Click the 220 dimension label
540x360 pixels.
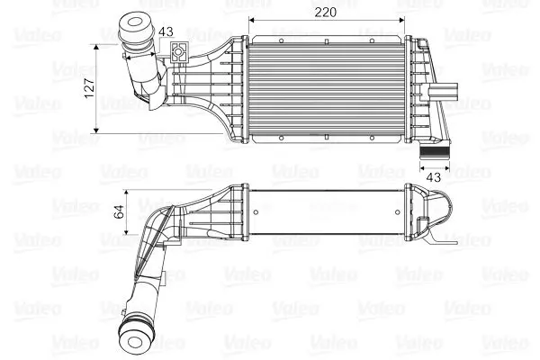[326, 13]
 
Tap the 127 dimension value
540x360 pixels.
[89, 88]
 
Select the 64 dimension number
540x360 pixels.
[119, 211]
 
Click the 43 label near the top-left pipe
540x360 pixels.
[166, 31]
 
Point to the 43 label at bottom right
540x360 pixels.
[433, 177]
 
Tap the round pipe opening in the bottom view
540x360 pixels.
[135, 342]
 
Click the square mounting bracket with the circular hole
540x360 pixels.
[179, 52]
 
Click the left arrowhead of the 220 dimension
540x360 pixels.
[251, 20]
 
